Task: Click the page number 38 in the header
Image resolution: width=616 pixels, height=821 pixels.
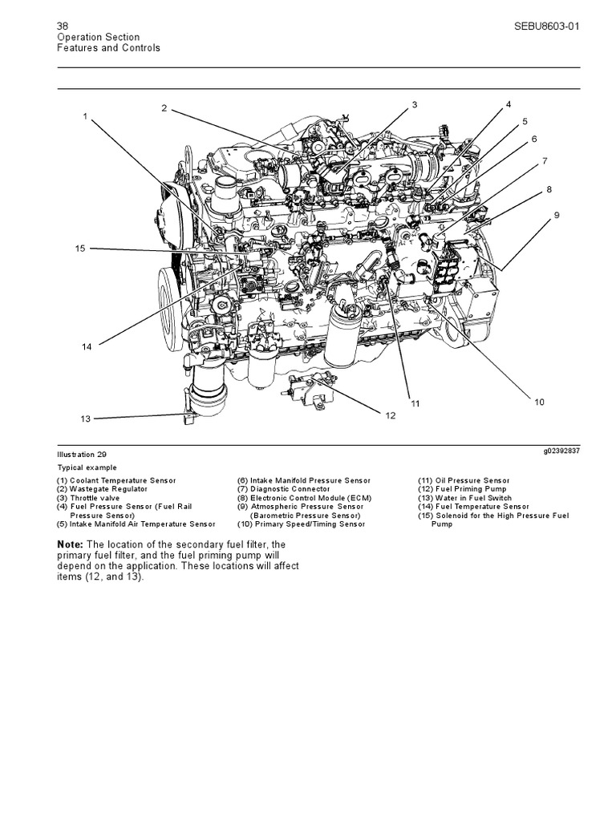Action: click(x=63, y=26)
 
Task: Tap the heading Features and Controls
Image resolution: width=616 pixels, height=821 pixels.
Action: click(x=108, y=48)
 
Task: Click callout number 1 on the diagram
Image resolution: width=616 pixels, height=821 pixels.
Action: click(x=84, y=116)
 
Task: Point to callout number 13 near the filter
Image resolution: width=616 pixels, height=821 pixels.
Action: click(x=86, y=419)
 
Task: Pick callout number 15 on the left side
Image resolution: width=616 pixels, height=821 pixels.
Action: click(x=79, y=249)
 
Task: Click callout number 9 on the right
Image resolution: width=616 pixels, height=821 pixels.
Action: click(x=556, y=216)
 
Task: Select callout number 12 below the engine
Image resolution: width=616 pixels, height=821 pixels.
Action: click(x=391, y=415)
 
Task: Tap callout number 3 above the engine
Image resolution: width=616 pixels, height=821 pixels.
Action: click(x=415, y=104)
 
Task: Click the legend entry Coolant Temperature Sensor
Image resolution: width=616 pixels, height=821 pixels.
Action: click(x=120, y=480)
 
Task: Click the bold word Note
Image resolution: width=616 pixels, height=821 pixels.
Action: click(x=69, y=545)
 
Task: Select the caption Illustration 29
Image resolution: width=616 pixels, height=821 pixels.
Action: click(x=80, y=454)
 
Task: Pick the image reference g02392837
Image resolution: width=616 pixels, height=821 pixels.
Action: click(x=561, y=451)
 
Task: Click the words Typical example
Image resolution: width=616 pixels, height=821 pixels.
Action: click(x=86, y=467)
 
